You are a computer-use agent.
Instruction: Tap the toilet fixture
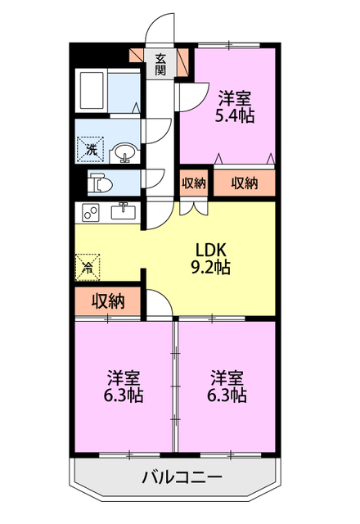click(x=101, y=183)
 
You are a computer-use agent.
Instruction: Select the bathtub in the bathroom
click(x=91, y=91)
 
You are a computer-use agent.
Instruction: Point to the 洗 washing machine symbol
click(x=91, y=149)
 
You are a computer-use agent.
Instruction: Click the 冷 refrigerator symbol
click(x=88, y=268)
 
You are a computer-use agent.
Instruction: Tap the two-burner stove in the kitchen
click(x=91, y=212)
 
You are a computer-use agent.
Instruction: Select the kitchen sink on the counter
click(x=124, y=211)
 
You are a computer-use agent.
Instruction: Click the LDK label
click(x=211, y=250)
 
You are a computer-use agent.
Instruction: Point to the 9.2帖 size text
click(x=210, y=267)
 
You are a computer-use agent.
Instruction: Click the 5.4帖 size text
click(x=235, y=115)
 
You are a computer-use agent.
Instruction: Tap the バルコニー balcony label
click(x=182, y=477)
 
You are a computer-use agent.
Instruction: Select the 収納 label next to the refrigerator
click(x=108, y=301)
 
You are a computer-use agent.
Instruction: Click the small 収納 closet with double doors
click(x=194, y=183)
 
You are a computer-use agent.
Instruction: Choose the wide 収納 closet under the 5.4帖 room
click(x=245, y=183)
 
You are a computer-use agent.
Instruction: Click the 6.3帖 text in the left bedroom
click(x=124, y=395)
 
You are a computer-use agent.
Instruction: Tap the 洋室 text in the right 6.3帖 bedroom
click(x=227, y=378)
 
